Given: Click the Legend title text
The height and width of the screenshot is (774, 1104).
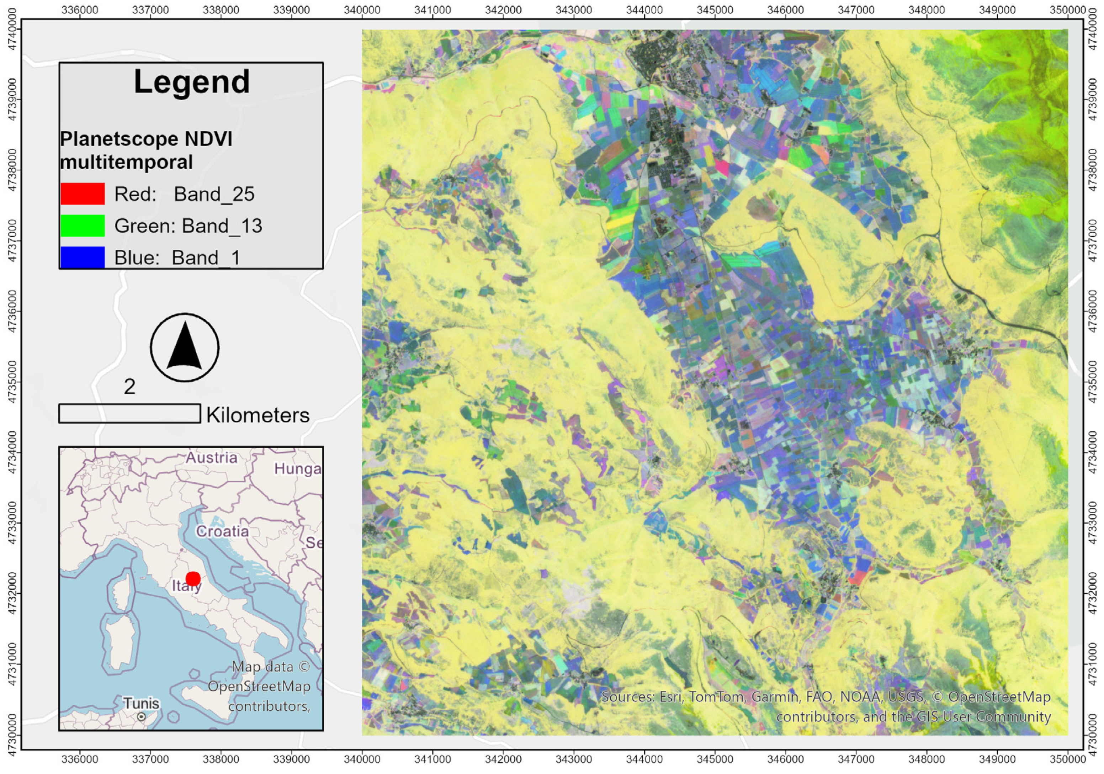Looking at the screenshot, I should coord(191,82).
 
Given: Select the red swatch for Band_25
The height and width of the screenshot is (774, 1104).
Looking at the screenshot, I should coord(82,194).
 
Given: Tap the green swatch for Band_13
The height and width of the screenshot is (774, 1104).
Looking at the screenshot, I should coord(82,226).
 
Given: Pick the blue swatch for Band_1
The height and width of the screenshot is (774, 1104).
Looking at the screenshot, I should coord(82,257).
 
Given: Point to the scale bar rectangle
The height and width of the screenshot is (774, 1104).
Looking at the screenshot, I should coord(129,413).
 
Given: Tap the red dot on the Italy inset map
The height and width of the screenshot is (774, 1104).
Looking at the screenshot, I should coord(193,579).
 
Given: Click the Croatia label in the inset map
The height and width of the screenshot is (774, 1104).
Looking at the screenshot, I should coord(222,531).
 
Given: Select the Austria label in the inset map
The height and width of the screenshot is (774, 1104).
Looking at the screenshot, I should coord(212,458).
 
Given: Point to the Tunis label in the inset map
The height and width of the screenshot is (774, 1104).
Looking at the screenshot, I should coord(141,703).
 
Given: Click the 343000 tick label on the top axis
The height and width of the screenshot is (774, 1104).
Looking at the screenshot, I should coord(574,10).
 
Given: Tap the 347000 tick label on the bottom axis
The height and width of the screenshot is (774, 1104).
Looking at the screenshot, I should coord(856,759).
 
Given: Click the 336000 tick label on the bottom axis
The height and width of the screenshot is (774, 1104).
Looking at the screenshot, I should coord(80,759).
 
